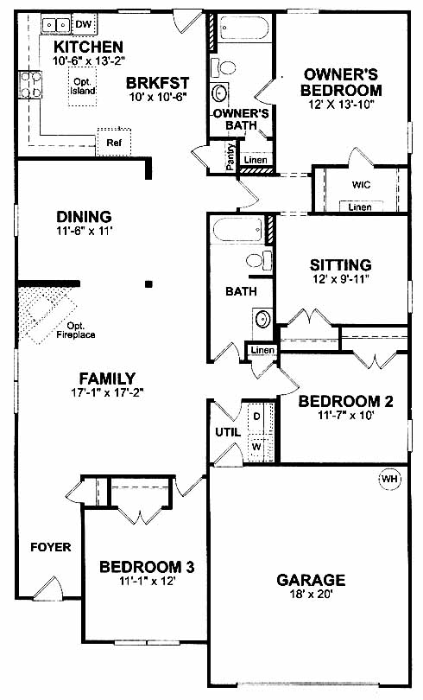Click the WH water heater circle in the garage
389,480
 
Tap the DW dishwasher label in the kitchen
83,23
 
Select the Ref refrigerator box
114,143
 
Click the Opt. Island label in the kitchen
83,86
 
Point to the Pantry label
230,156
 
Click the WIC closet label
361,184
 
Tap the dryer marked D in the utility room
256,417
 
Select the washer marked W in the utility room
256,447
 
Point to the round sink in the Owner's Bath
220,93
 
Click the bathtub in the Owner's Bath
243,29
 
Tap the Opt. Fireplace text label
76,330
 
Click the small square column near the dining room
149,283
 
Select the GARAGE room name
311,580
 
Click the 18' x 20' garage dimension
311,594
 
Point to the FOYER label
50,547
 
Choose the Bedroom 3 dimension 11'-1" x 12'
147,581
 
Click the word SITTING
340,264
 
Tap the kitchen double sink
56,23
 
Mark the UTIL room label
228,432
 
